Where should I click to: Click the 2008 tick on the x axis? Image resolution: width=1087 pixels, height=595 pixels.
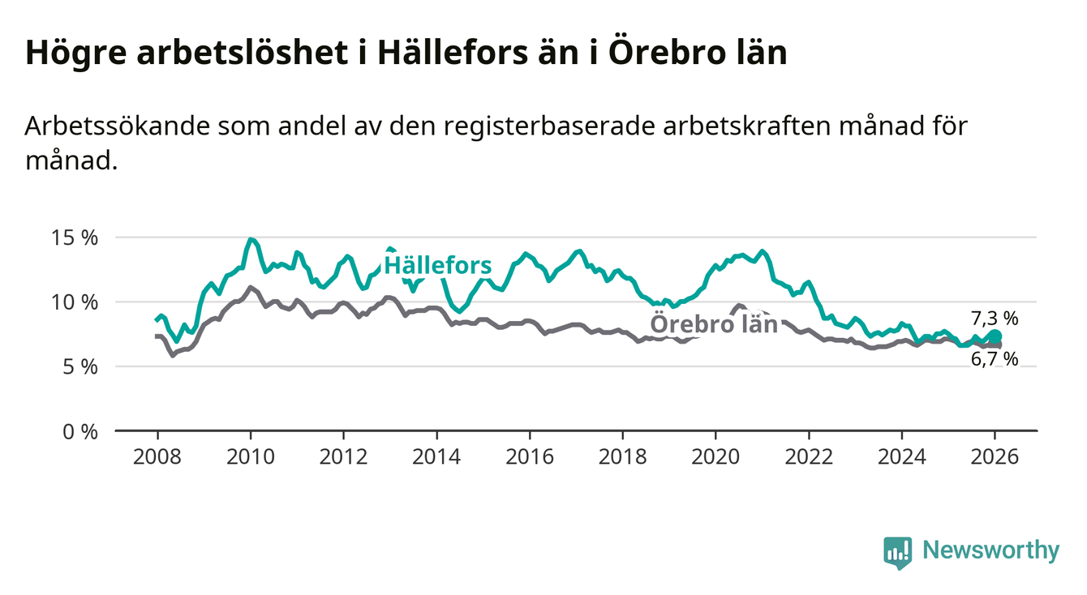[x=157, y=456]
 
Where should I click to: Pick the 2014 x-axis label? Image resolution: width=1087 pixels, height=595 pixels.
[x=436, y=456]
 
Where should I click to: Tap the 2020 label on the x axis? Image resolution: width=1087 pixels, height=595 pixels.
[x=715, y=456]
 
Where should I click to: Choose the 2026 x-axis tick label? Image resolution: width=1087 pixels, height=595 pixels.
[x=995, y=456]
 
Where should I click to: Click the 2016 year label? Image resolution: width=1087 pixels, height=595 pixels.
[x=530, y=456]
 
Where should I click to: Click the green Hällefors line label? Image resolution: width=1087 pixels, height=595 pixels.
[x=437, y=265]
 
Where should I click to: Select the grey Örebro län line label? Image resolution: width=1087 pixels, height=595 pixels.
[x=714, y=324]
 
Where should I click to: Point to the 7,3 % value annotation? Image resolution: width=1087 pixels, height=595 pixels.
[x=994, y=319]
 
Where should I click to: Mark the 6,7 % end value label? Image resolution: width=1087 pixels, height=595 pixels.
[x=994, y=359]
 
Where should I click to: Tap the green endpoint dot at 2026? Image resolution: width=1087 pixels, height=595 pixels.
[x=995, y=336]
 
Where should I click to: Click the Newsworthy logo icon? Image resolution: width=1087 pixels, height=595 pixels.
[x=897, y=551]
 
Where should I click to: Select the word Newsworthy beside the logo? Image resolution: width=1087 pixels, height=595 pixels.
[x=991, y=551]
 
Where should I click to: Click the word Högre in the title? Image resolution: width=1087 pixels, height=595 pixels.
[x=69, y=54]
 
